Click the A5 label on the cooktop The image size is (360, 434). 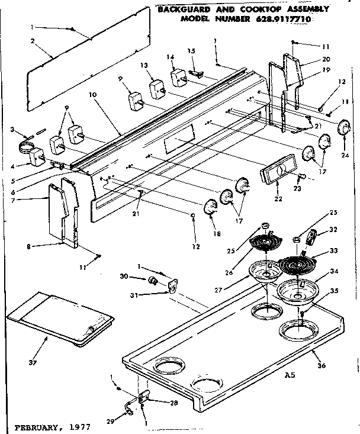click(x=290, y=375)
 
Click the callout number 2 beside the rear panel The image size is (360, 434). click(x=33, y=41)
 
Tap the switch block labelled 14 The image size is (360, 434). click(x=178, y=77)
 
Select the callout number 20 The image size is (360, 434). click(x=325, y=60)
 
